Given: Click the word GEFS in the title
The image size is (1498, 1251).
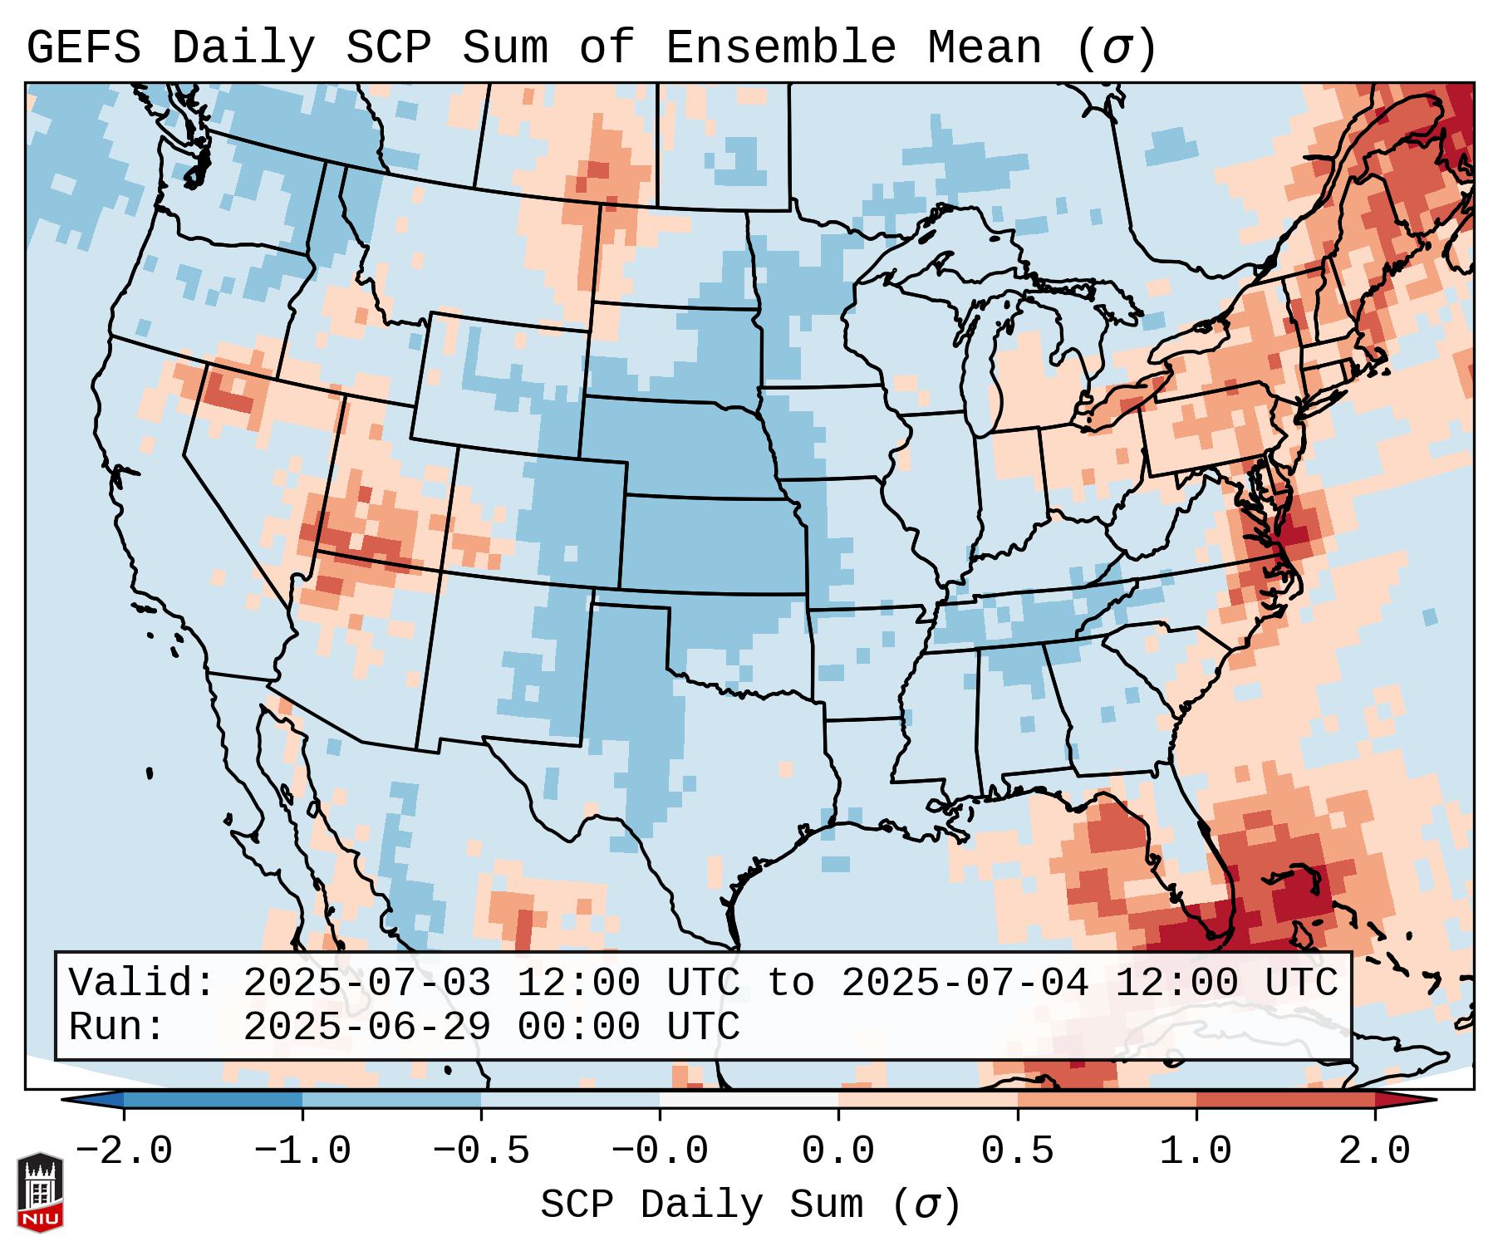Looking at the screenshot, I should click(83, 48).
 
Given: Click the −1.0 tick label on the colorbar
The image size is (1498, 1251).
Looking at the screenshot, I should click(302, 1151).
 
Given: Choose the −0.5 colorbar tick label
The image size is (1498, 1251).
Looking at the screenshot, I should click(481, 1151).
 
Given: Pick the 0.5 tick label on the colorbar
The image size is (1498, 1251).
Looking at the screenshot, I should click(1018, 1151).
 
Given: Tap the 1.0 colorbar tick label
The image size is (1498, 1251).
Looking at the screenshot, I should click(1196, 1151).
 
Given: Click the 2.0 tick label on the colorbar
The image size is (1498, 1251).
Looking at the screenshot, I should click(1375, 1151).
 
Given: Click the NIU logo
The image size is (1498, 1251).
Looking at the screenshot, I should click(40, 1192).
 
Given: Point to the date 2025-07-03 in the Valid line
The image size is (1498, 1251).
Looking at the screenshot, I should click(366, 983).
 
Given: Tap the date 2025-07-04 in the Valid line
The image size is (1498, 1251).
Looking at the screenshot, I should click(965, 983).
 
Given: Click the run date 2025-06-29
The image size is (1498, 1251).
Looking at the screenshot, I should click(366, 1027).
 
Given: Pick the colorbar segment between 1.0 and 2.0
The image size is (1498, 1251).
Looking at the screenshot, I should click(1285, 1100).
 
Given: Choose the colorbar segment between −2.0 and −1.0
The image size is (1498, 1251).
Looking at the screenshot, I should click(213, 1100).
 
